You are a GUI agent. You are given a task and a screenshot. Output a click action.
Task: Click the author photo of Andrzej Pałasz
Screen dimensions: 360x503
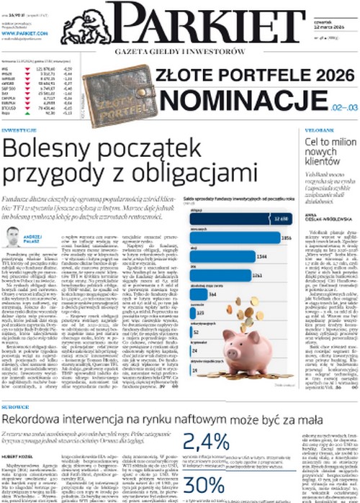[x=12, y=237]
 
